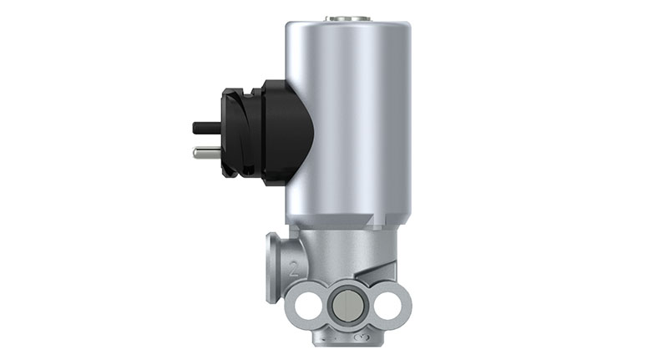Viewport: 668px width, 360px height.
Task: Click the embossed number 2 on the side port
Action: [292, 270]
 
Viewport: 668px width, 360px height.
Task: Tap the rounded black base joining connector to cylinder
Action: [284, 134]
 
